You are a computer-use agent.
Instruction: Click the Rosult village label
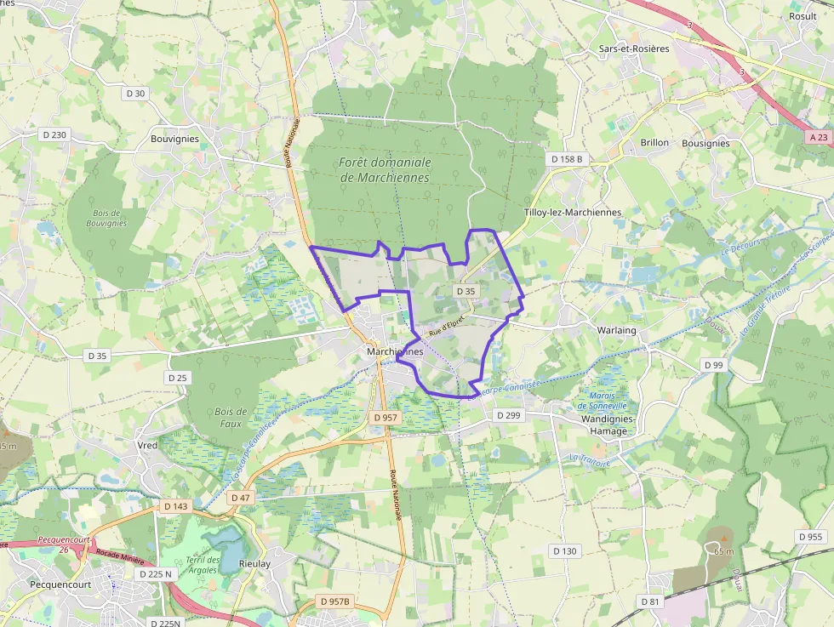coord(803,16)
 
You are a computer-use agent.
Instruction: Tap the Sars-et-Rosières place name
coord(634,48)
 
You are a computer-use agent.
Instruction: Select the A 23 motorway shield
coord(818,136)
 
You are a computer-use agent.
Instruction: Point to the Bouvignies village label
coord(174,139)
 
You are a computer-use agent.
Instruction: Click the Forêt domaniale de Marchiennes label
coord(385,169)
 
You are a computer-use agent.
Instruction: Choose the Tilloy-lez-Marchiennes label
coord(573,212)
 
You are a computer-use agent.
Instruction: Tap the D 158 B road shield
coord(566,159)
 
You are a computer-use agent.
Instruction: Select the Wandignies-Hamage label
coord(603,425)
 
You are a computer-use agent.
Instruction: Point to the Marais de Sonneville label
coord(608,401)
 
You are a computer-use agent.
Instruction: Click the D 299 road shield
coord(508,416)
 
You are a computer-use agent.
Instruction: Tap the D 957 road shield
coord(386,418)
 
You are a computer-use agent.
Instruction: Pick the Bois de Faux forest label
coord(231,417)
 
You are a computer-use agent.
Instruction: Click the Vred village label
coord(147,445)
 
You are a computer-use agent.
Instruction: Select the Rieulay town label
coord(254,563)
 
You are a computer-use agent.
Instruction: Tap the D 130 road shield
coord(564,551)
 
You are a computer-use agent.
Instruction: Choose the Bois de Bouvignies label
coord(106,218)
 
